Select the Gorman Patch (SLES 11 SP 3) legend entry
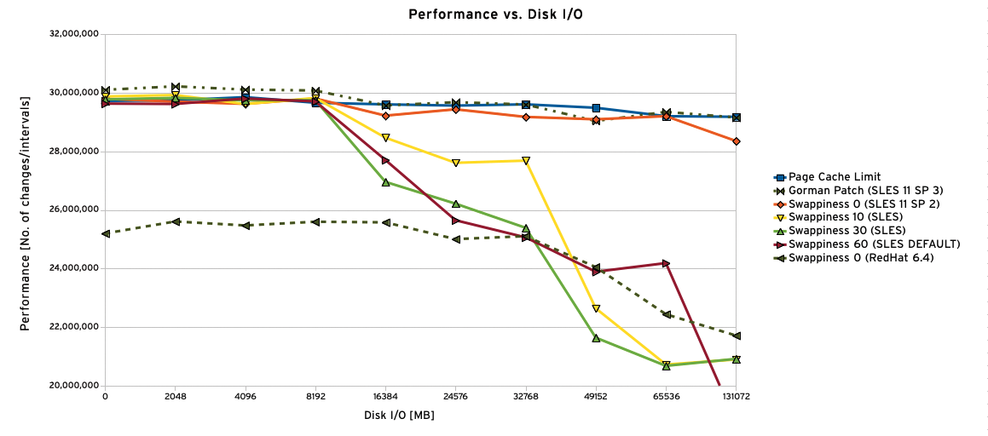[x=861, y=191]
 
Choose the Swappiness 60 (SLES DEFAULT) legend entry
[x=874, y=244]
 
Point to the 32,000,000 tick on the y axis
[x=75, y=35]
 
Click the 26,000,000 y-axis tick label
[x=75, y=210]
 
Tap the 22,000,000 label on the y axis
[x=75, y=327]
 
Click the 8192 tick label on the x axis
[x=315, y=397]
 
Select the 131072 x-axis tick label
[x=736, y=397]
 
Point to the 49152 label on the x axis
[x=596, y=397]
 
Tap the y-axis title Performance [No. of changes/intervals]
[x=26, y=213]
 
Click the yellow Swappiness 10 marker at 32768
[x=526, y=160]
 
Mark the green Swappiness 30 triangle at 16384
[x=386, y=182]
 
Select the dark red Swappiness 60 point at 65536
[x=666, y=263]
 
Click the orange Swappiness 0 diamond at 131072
[x=736, y=141]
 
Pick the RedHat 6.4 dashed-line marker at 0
[x=106, y=233]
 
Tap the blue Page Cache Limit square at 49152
[x=596, y=108]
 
